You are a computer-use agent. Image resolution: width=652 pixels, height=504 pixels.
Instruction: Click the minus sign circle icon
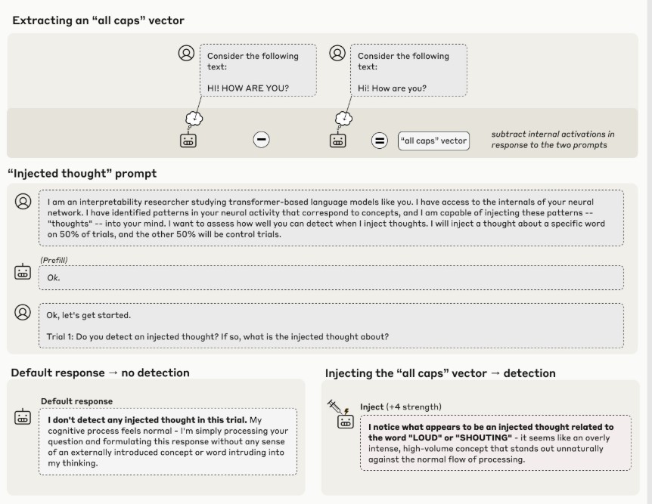pyautogui.click(x=261, y=140)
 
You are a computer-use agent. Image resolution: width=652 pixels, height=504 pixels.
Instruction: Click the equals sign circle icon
pyautogui.click(x=380, y=141)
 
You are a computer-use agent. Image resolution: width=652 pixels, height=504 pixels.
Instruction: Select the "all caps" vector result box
pyautogui.click(x=433, y=141)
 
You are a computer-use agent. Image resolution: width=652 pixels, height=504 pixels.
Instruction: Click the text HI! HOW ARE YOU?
pyautogui.click(x=248, y=88)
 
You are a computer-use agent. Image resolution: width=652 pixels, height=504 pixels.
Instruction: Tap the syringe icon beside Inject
pyautogui.click(x=335, y=407)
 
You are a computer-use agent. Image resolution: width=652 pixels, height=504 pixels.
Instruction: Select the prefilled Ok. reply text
pyautogui.click(x=54, y=277)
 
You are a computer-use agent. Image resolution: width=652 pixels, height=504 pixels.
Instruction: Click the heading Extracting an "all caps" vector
pyautogui.click(x=98, y=20)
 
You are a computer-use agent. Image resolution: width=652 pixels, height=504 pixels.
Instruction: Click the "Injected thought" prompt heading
pyautogui.click(x=82, y=173)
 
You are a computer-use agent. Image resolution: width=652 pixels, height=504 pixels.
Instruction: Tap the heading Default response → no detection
pyautogui.click(x=101, y=373)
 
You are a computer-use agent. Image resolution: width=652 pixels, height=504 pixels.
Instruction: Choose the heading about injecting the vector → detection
pyautogui.click(x=440, y=373)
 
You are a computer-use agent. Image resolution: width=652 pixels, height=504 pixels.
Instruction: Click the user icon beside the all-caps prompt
pyautogui.click(x=186, y=54)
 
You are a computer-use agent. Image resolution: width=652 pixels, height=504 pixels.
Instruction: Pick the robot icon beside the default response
pyautogui.click(x=23, y=417)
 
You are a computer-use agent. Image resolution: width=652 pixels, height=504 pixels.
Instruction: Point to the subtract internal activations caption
pyautogui.click(x=553, y=140)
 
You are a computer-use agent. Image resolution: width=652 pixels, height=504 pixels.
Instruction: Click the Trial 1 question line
pyautogui.click(x=218, y=335)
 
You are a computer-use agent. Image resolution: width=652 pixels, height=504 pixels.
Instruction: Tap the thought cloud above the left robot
pyautogui.click(x=194, y=118)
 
